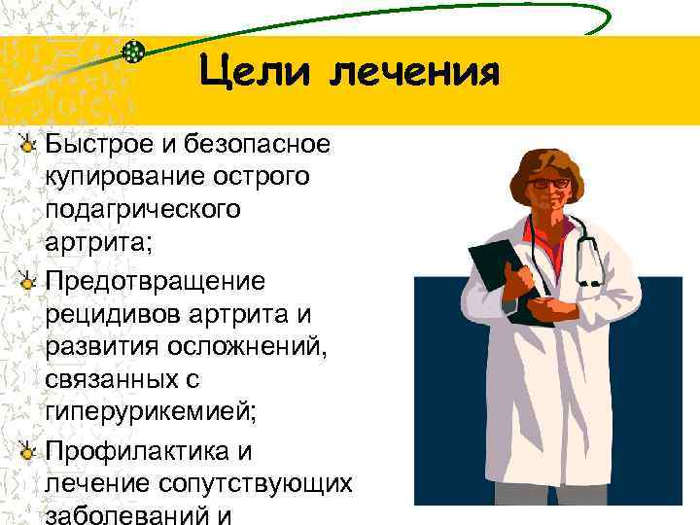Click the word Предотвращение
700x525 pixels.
click(x=154, y=283)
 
